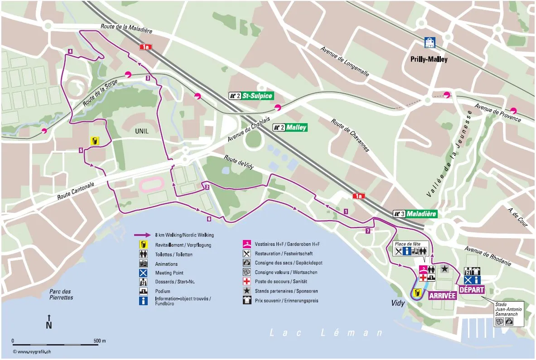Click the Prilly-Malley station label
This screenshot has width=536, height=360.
tap(429, 59)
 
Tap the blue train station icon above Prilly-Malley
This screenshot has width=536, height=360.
tap(430, 43)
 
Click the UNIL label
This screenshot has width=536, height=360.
tap(141, 131)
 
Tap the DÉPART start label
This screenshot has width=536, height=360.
tap(472, 290)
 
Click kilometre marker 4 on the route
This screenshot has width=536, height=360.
tap(70, 51)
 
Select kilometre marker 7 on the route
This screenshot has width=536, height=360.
tap(367, 231)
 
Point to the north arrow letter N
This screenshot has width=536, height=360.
tap(49, 325)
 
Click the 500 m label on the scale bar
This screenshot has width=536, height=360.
tap(99, 341)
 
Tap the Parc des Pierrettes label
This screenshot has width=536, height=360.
tap(61, 294)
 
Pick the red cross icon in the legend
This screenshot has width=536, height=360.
tap(247, 282)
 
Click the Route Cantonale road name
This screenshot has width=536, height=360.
tap(76, 191)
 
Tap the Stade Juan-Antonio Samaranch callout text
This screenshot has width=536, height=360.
tap(508, 309)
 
